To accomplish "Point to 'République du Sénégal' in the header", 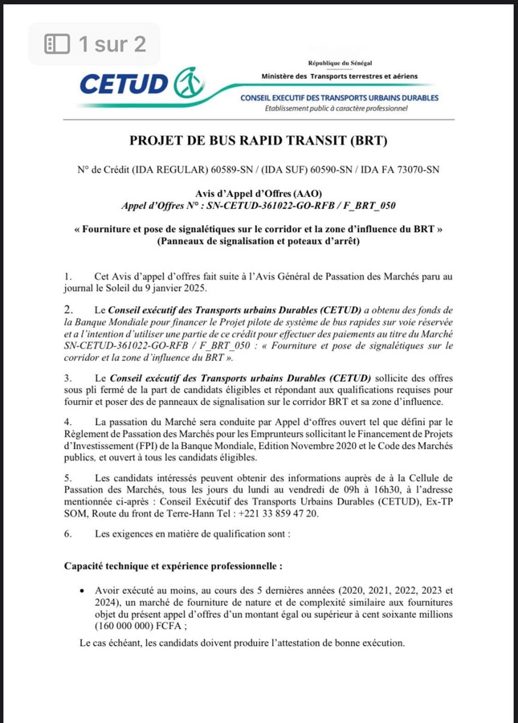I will (340, 63).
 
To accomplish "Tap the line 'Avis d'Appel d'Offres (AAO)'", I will (259, 194).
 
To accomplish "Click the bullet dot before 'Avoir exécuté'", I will (84, 589).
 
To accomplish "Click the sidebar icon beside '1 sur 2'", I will (57, 44).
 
